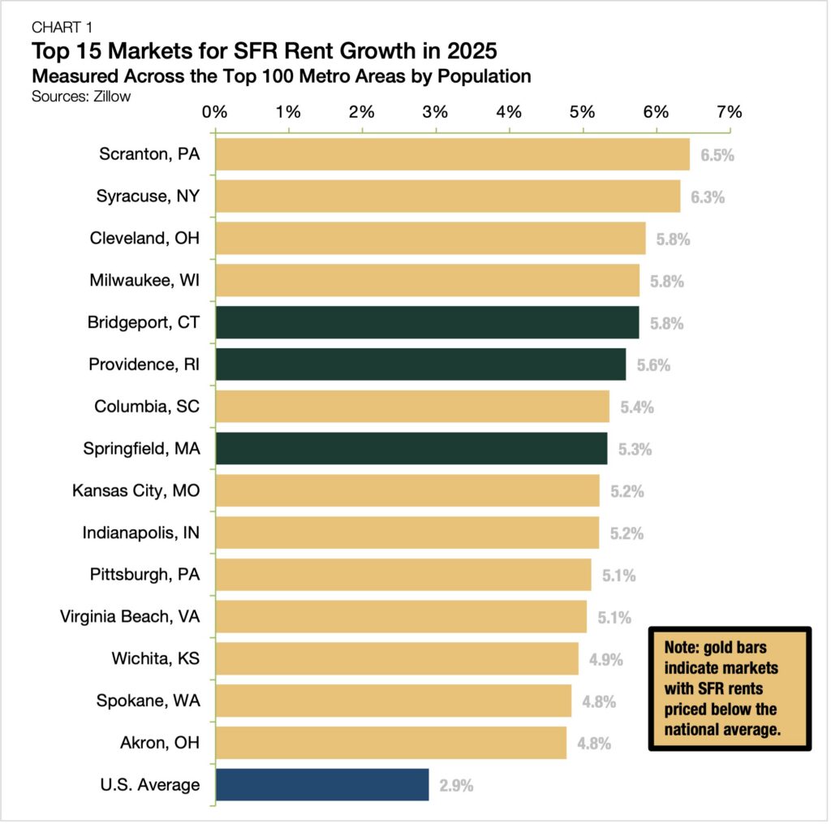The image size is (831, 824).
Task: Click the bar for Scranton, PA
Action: [x=452, y=154]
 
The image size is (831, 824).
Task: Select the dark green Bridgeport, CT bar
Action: [x=427, y=322]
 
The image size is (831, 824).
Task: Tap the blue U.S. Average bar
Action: [x=322, y=785]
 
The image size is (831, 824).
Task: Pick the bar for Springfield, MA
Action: [x=411, y=449]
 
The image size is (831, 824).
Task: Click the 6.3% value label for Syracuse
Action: [x=708, y=197]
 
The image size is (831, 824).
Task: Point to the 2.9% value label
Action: [x=456, y=786]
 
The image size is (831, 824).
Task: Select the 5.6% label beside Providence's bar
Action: [x=653, y=365]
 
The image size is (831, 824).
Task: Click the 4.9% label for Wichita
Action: [x=606, y=659]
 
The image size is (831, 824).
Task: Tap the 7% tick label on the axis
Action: [x=730, y=112]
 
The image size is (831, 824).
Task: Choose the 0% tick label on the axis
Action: [x=215, y=112]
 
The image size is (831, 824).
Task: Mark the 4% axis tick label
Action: [x=509, y=112]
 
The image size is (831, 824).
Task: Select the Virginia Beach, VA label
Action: [x=130, y=617]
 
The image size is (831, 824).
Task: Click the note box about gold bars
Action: [x=730, y=688]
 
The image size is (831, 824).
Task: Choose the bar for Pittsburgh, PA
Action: [x=403, y=575]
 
